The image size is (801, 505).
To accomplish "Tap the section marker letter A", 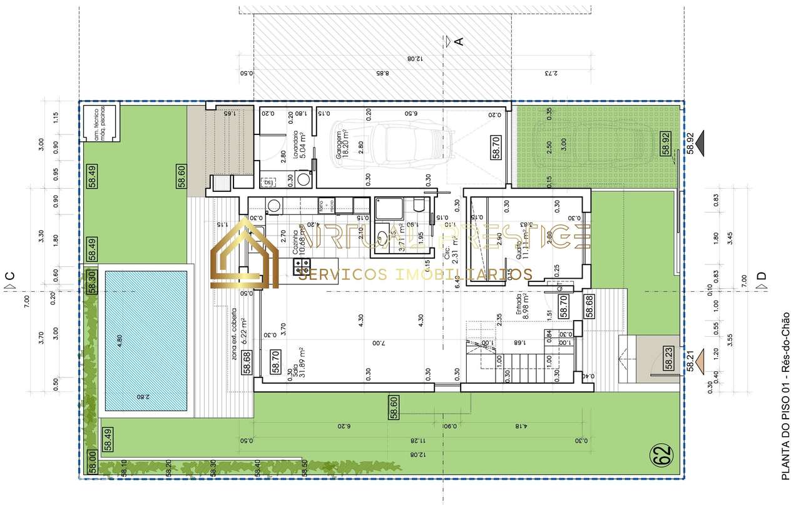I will (459, 41).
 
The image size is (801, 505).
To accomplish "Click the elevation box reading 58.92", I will (666, 143).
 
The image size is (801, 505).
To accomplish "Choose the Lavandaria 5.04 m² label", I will (298, 145).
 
